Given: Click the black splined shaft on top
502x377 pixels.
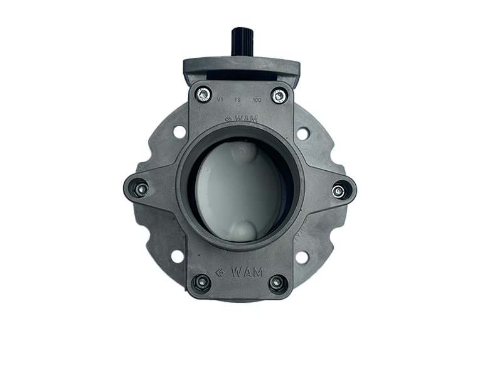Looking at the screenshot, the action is pyautogui.click(x=241, y=44).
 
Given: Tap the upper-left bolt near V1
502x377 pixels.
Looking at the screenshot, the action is pyautogui.click(x=203, y=94).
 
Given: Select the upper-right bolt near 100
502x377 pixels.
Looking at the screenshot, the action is pyautogui.click(x=277, y=96).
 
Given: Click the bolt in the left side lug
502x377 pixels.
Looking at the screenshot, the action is pyautogui.click(x=140, y=189).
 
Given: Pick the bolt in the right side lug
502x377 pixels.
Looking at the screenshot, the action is pyautogui.click(x=338, y=192).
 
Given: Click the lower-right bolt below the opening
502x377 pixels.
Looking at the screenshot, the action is pyautogui.click(x=276, y=283).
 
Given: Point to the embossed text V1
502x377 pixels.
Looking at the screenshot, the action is pyautogui.click(x=220, y=99).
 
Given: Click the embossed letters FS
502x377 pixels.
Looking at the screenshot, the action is pyautogui.click(x=238, y=100).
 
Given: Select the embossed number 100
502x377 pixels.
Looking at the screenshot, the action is pyautogui.click(x=257, y=100).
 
